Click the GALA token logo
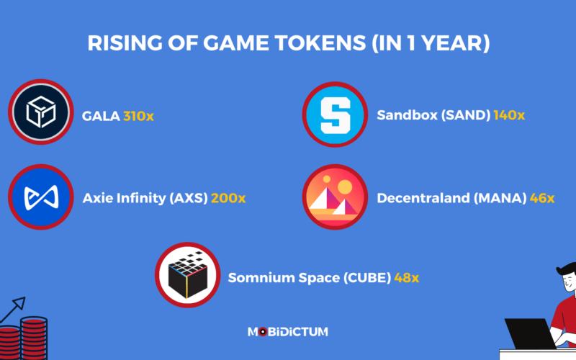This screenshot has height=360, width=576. tap(41, 114)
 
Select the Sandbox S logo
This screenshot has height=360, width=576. tap(333, 114)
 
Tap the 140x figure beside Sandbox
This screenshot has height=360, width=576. tap(509, 115)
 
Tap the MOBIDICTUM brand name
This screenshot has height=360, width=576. tap(288, 331)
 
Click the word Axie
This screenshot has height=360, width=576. tap(97, 198)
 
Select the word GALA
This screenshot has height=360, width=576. tap(100, 115)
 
